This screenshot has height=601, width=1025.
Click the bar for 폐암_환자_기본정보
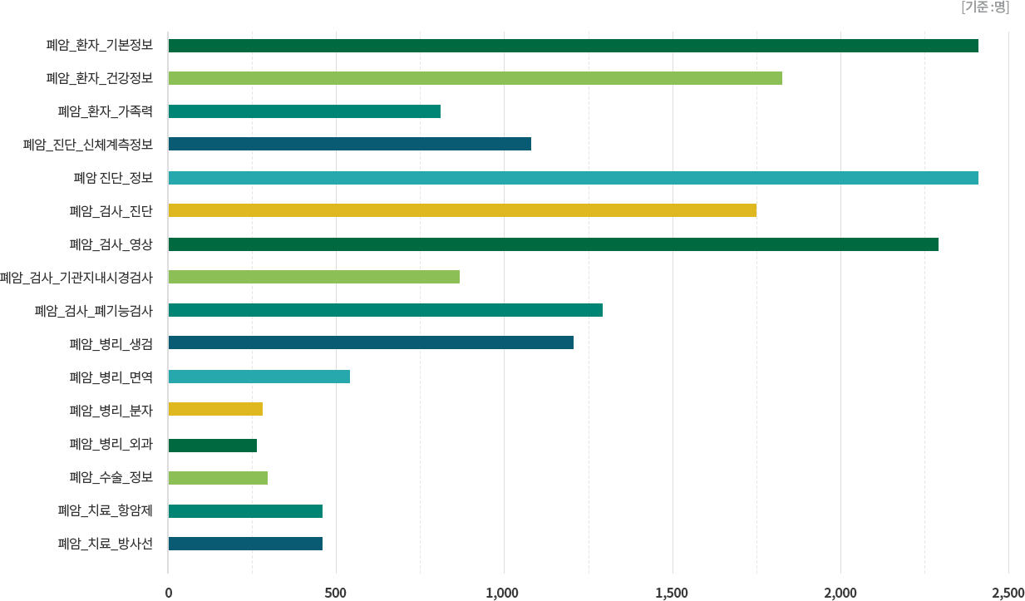click(574, 45)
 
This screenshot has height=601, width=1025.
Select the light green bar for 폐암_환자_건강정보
click(476, 78)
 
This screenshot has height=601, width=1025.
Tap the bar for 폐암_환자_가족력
click(304, 111)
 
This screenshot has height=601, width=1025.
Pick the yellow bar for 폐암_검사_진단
click(462, 210)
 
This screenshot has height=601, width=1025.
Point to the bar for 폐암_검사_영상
click(554, 244)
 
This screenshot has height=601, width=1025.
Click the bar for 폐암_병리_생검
click(371, 342)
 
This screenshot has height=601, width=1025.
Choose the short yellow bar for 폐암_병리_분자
click(216, 409)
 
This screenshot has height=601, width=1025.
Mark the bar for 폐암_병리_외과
click(213, 445)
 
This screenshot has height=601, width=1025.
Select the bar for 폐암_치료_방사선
click(246, 544)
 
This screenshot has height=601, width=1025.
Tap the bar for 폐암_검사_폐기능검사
click(386, 310)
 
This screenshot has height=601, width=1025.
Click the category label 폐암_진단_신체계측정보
click(88, 145)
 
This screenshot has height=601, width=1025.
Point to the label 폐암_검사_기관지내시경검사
click(76, 278)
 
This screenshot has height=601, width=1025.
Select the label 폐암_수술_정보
click(111, 477)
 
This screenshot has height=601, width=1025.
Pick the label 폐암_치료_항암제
click(106, 510)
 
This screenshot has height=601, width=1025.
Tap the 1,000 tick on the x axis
click(503, 593)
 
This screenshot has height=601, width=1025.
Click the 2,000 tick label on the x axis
click(840, 593)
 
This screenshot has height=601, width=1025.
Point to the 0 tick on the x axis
click(169, 593)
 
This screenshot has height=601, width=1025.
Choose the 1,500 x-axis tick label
click(672, 593)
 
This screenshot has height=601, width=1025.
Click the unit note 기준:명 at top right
click(984, 7)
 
